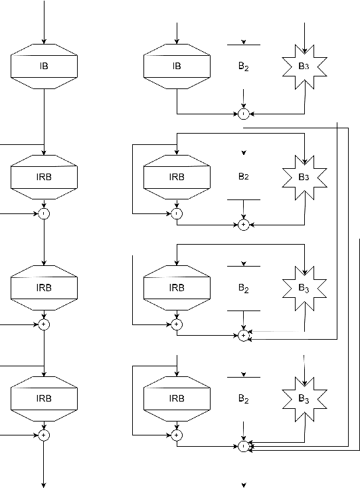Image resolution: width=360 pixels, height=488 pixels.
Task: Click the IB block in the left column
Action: coord(45,66)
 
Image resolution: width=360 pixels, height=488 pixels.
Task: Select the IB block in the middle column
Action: coord(177,66)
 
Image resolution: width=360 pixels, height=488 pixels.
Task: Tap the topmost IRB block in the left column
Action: coord(45,177)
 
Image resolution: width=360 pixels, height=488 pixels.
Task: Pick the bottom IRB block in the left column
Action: coord(45,398)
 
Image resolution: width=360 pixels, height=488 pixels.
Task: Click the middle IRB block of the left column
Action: coord(45,288)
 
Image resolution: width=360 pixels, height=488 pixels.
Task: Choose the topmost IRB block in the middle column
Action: coord(177,177)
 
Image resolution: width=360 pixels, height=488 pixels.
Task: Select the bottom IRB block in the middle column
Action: coord(177,398)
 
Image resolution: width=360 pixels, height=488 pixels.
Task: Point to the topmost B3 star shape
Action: coord(304,66)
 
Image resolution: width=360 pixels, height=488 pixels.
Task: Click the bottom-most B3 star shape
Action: coord(304,399)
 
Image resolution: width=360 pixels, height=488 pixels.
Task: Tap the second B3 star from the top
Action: coord(304,177)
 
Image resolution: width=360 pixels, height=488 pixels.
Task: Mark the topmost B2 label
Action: coord(244,66)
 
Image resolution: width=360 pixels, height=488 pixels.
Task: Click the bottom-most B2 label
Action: coord(244,399)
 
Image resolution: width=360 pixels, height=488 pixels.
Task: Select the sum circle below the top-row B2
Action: coord(244,114)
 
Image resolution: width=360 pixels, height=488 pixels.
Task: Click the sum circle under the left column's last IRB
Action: coord(45,435)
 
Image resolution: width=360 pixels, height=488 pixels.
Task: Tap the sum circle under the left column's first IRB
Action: coord(45,213)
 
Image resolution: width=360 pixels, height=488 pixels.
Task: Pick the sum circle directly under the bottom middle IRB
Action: coord(177,435)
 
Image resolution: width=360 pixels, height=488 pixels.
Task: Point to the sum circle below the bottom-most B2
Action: coord(244,446)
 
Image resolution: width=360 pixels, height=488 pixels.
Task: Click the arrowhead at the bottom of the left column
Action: coord(45,484)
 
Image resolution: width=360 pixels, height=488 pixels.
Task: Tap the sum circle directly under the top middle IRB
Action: coord(177,213)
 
